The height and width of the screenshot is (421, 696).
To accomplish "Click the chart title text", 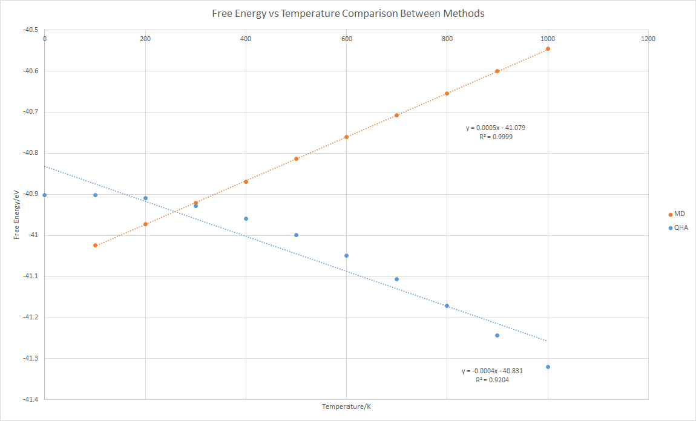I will coord(347,13).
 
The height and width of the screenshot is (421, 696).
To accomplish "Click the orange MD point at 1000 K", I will coord(548,48).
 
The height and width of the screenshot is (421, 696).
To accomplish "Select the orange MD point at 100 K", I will coord(95,245).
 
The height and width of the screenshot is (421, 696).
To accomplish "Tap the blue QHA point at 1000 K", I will coord(548,367).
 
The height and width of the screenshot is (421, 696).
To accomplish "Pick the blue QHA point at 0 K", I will coord(45,195).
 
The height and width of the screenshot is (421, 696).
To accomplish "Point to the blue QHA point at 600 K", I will coord(346,255).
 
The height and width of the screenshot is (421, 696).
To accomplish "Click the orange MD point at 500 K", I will coord(296,158).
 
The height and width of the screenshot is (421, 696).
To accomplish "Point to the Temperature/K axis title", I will coord(346,406).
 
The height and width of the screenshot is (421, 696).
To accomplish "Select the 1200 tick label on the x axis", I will coord(648,39).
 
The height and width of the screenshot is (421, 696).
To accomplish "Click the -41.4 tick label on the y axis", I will coord(29,399).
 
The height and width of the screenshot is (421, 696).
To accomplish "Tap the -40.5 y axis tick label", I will coord(29,30).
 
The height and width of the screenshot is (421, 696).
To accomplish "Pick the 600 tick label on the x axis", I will coord(346,39).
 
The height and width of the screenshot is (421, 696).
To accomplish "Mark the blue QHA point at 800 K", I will coord(447,305).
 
